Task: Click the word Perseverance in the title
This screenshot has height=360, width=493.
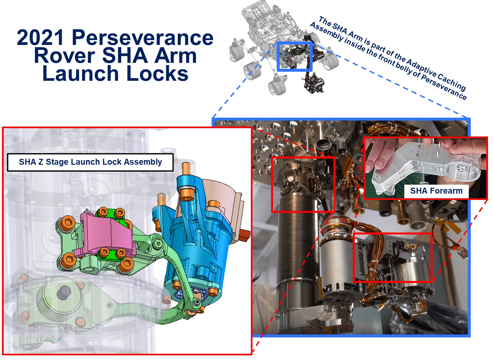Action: (x=143, y=38)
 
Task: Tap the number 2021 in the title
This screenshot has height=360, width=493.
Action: (x=41, y=38)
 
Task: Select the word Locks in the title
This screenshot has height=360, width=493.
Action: (x=157, y=73)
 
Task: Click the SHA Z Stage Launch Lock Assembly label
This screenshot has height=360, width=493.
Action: (x=90, y=162)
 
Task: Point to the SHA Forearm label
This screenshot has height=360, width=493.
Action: (x=437, y=191)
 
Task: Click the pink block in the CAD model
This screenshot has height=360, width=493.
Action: (x=106, y=235)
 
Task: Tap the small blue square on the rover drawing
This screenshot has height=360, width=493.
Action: (x=294, y=56)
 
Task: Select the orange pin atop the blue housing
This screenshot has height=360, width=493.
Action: (x=186, y=169)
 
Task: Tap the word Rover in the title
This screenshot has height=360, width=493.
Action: (x=64, y=56)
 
